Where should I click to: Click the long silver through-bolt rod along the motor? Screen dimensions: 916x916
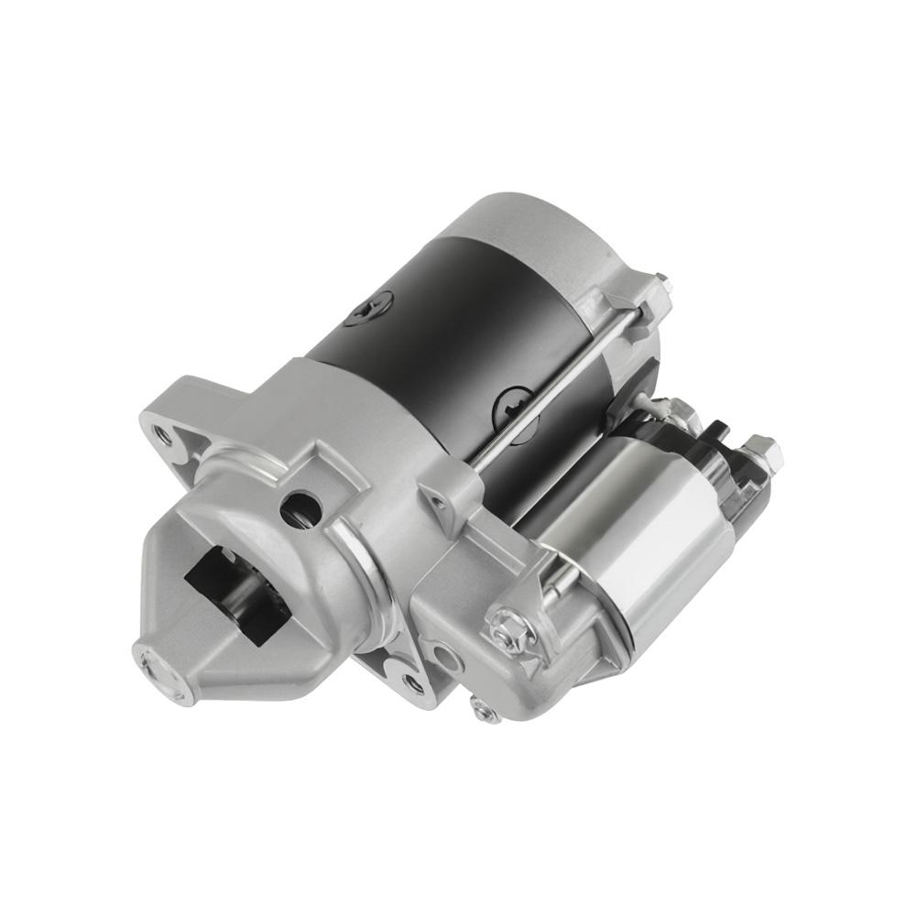tap(540, 403)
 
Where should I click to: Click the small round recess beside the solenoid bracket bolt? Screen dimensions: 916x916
tap(448, 654)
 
